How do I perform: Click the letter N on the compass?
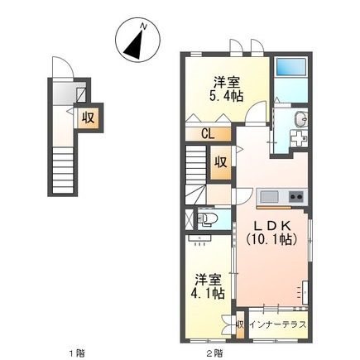144,27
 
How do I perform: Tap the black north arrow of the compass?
133,46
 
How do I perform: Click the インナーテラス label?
276,324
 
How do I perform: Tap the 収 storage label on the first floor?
85,118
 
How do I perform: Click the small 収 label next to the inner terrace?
240,324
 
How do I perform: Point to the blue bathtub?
291,67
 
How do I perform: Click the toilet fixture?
208,220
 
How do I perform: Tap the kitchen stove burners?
294,197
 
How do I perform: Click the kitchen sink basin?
269,197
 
